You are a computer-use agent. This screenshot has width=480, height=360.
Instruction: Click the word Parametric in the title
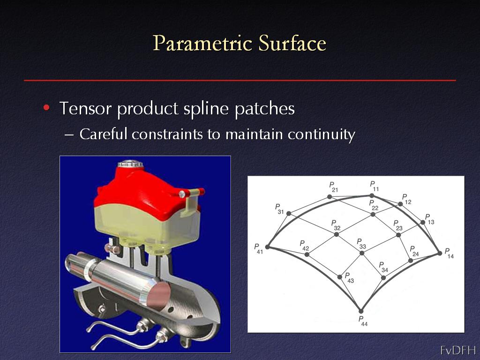coord(202,44)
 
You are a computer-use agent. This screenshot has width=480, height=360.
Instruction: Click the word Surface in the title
coord(292,43)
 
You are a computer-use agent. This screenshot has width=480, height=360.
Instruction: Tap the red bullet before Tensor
coord(46,108)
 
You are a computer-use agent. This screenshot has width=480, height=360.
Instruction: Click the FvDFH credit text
coord(458,350)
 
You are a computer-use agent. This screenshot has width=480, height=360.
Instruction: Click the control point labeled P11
coord(372,195)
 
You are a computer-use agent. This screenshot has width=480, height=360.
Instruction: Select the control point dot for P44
coord(361,311)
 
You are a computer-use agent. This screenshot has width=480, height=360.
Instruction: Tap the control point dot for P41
coord(268,247)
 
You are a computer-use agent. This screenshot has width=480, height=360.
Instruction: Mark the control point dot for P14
coord(440,253)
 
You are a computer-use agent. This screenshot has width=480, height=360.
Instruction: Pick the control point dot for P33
coord(362,253)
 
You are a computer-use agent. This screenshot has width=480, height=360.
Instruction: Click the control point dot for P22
coord(373,214)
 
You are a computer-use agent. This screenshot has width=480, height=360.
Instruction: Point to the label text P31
coord(279,209)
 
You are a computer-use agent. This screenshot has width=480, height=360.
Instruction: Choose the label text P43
coord(349,277)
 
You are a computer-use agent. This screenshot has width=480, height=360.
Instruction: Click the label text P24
coord(414,251)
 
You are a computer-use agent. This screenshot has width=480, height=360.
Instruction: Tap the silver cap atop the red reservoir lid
coord(130,164)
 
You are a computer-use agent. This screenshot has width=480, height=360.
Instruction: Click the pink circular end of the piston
coord(158,295)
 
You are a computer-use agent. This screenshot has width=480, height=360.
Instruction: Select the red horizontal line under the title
coord(240,80)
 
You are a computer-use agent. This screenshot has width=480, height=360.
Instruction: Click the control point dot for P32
coord(337,234)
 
